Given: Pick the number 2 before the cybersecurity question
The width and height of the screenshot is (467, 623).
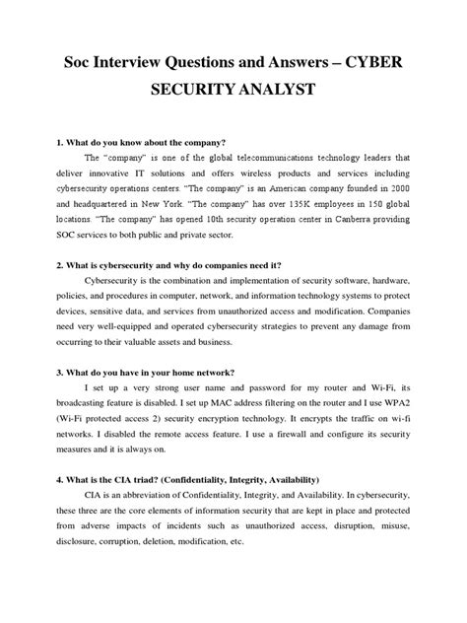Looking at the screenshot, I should [33, 265].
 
